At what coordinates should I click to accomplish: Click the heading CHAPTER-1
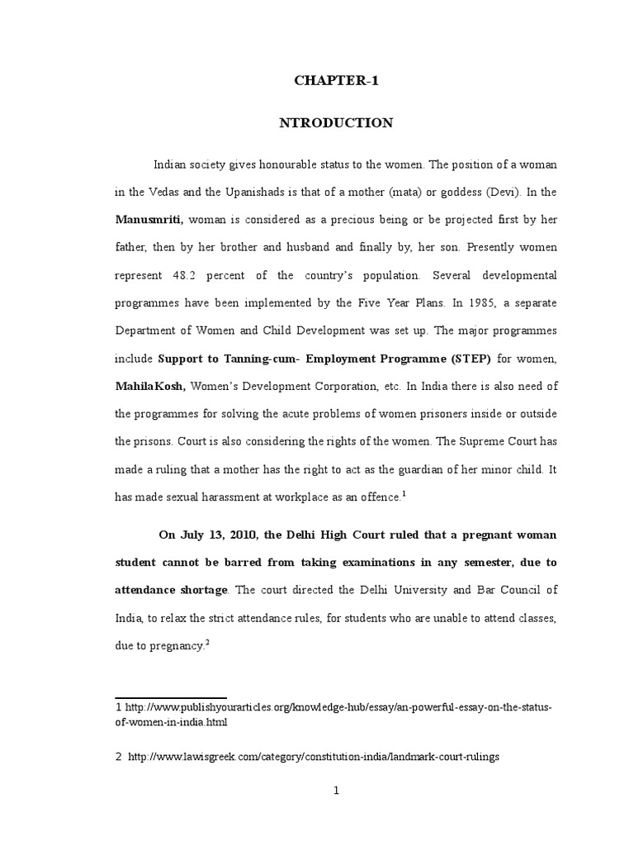coord(335,80)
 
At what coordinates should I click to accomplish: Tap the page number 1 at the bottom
coord(336,791)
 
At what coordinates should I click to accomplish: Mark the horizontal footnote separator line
coord(170,697)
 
